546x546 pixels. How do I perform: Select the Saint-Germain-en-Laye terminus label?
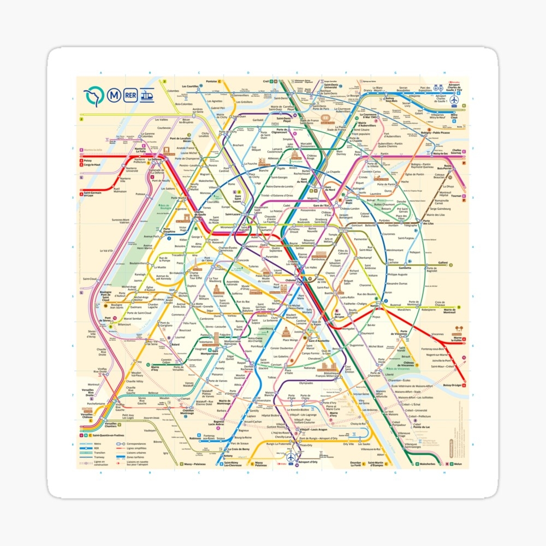click(x=94, y=193)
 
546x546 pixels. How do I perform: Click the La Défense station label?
click(x=153, y=159)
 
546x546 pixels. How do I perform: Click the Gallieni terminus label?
click(x=442, y=263)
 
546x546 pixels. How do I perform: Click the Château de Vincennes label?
click(x=406, y=364)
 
